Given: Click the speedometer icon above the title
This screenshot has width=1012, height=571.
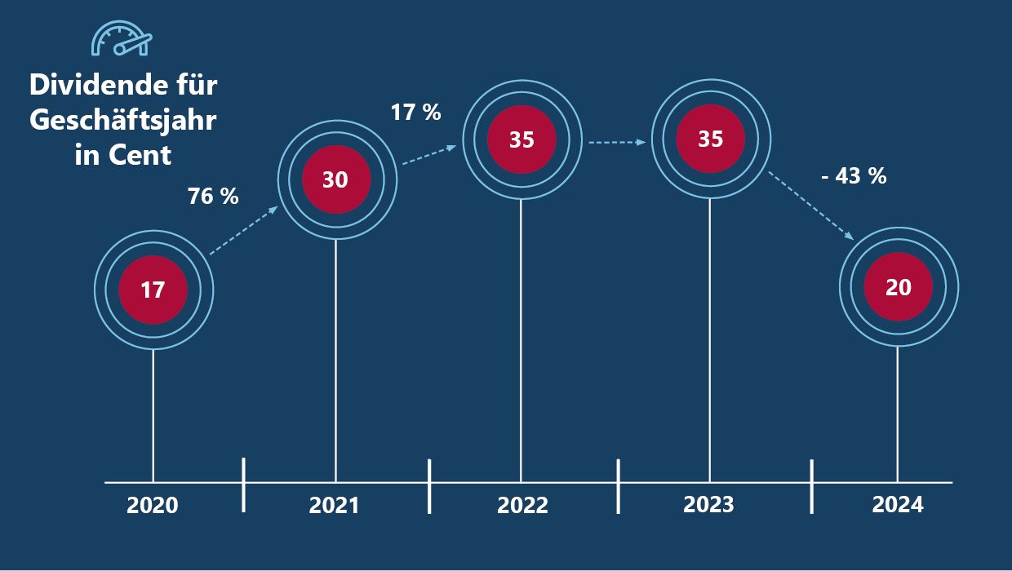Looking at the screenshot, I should tap(121, 39).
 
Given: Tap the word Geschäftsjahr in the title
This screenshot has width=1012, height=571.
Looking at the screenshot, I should tap(123, 119).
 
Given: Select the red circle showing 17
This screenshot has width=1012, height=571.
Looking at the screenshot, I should tap(153, 289).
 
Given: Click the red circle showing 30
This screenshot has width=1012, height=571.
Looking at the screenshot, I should tap(335, 179).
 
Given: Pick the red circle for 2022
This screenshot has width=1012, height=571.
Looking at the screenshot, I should tap(522, 139).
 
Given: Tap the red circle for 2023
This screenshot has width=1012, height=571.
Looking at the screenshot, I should tap(710, 139).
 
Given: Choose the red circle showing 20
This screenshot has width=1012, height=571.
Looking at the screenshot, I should tap(898, 287).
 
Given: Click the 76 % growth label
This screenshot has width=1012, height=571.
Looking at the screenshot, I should tap(213, 196).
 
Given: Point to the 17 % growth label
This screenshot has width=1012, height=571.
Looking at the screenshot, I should tap(416, 113).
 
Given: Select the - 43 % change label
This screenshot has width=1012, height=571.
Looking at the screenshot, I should tap(854, 175).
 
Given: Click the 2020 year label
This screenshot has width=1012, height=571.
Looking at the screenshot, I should tap(153, 506).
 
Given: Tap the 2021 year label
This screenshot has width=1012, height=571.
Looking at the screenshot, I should tap(334, 506).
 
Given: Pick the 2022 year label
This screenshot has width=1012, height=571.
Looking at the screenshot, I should tap(522, 506).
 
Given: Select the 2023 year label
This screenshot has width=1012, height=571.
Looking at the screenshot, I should tap(708, 505).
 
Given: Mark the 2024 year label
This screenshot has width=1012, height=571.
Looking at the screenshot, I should tap(898, 505).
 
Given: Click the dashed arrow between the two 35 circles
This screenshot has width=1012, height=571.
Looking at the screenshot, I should tap(616, 142).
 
